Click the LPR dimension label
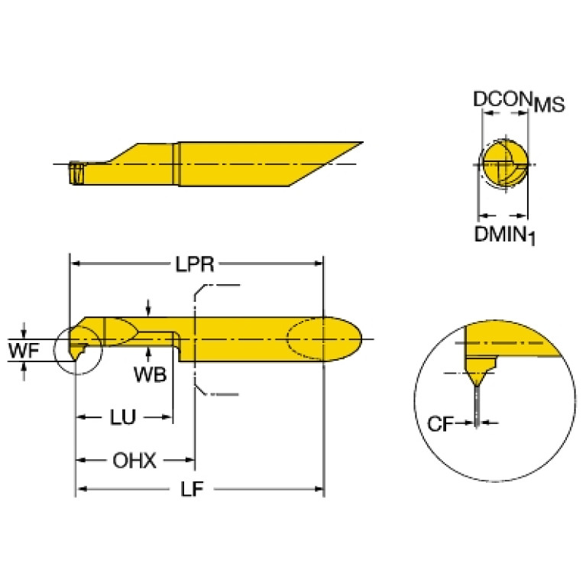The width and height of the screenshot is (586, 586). click(195, 264)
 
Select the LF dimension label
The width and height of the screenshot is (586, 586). click(192, 489)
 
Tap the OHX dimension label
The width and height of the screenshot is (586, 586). click(134, 460)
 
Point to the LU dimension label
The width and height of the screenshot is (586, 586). click(123, 417)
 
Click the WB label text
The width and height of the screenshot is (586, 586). click(151, 374)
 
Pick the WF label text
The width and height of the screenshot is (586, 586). click(24, 351)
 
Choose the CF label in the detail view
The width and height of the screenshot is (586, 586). click(440, 424)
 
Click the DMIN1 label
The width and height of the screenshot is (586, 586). click(504, 235)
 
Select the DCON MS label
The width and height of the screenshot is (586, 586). click(519, 101)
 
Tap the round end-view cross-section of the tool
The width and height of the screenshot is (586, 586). click(505, 163)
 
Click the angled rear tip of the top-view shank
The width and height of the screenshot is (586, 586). click(361, 143)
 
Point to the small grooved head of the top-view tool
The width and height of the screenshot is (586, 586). click(76, 173)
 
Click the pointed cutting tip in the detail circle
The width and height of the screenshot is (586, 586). click(476, 384)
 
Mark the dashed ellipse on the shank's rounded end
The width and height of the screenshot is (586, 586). click(325, 338)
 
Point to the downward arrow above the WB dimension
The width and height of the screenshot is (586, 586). click(149, 308)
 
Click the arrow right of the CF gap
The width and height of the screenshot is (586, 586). click(489, 423)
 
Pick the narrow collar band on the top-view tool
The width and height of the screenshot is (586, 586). click(176, 163)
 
